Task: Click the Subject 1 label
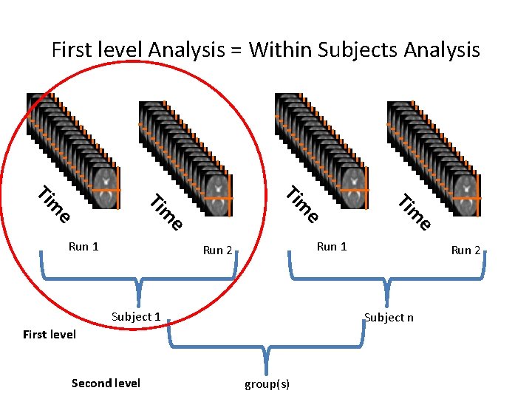pyautogui.click(x=136, y=317)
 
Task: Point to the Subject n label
pyautogui.click(x=389, y=318)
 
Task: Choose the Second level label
pyautogui.click(x=106, y=383)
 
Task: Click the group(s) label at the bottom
pyautogui.click(x=267, y=384)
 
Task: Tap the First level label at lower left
pyautogui.click(x=50, y=335)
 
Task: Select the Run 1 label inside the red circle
pyautogui.click(x=83, y=247)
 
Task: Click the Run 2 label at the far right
pyautogui.click(x=466, y=250)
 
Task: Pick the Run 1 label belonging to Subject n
pyautogui.click(x=332, y=247)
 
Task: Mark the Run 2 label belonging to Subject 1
pyautogui.click(x=218, y=250)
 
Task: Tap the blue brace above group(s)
pyautogui.click(x=267, y=347)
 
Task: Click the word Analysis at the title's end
pyautogui.click(x=442, y=51)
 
